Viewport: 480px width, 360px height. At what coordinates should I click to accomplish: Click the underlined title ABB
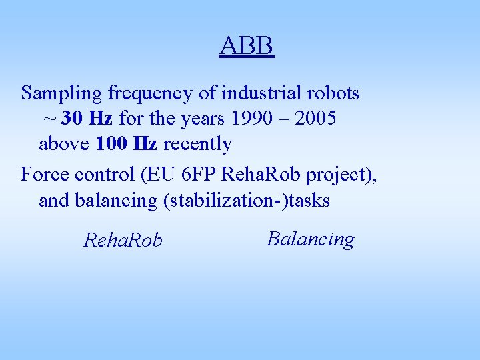pos(247,47)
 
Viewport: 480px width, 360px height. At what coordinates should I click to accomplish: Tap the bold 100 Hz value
pos(127,143)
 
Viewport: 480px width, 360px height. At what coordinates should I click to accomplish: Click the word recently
pos(197,144)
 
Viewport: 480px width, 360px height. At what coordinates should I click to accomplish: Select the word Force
pos(43,175)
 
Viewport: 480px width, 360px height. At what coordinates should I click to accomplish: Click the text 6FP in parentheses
pos(197,175)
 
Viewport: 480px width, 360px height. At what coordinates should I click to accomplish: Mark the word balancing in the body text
pos(115,201)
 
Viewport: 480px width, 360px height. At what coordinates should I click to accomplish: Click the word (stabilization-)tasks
pos(247,201)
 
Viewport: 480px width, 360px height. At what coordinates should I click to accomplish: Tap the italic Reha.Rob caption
pos(123,240)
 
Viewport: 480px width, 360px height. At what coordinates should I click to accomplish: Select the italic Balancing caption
pos(311,239)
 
